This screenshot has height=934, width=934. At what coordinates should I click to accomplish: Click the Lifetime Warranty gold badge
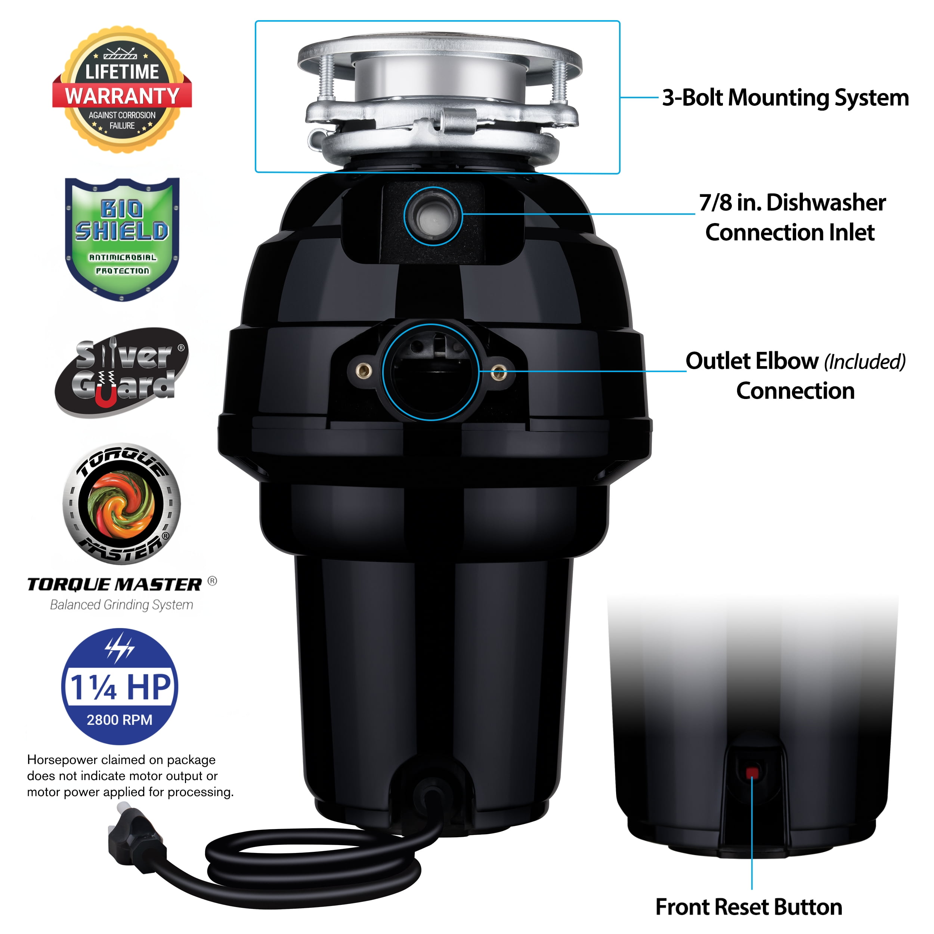122,90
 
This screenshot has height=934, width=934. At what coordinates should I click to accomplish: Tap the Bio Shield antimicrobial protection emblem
122,239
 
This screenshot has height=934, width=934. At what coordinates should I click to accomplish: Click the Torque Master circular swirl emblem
121,504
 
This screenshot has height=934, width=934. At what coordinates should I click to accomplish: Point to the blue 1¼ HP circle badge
120,686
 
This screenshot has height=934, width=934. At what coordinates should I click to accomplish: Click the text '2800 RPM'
120,720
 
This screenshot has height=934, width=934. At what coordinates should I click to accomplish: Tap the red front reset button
752,773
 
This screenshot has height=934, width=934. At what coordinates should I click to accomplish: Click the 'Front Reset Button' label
749,907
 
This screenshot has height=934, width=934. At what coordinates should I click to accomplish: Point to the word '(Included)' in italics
865,362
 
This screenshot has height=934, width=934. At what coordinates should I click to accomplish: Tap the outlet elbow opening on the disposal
431,371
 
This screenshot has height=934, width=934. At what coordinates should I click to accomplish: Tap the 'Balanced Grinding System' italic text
121,605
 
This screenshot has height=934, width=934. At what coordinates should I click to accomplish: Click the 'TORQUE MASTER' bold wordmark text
115,584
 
